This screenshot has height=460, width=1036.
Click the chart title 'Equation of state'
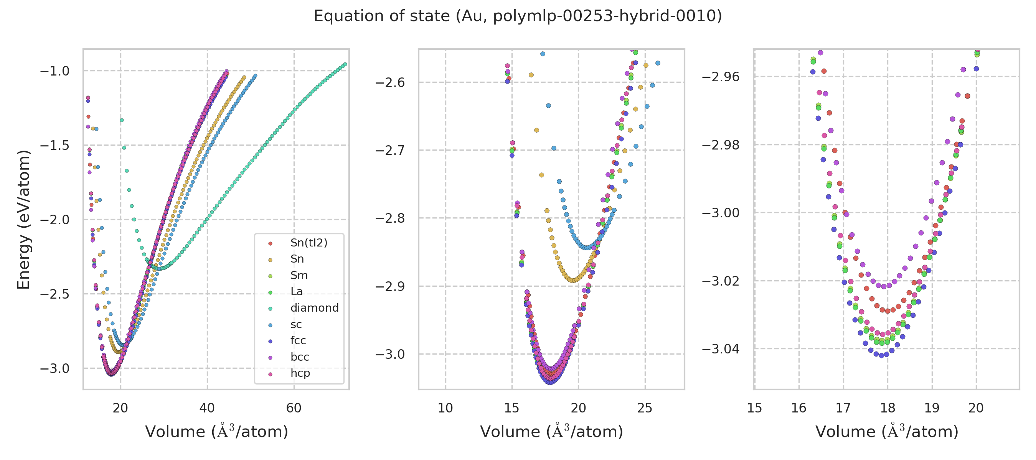pyautogui.click(x=518, y=16)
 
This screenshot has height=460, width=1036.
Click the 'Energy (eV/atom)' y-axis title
pyautogui.click(x=24, y=219)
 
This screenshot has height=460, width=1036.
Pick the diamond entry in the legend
pyautogui.click(x=314, y=308)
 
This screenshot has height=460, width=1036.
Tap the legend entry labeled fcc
pyautogui.click(x=298, y=341)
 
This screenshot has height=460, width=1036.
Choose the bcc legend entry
pyautogui.click(x=300, y=357)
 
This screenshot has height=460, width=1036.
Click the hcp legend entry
pyautogui.click(x=300, y=373)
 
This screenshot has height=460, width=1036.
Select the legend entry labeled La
pyautogui.click(x=296, y=292)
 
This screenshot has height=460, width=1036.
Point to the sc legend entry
pyautogui.click(x=296, y=325)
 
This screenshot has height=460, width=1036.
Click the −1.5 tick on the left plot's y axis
pyautogui.click(x=55, y=145)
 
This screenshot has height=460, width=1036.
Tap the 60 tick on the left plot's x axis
pyautogui.click(x=294, y=408)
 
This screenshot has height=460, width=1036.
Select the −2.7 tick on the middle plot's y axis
pyautogui.click(x=390, y=151)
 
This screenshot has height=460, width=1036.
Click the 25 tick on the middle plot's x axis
pyautogui.click(x=645, y=408)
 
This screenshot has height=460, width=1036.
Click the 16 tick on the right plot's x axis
pyautogui.click(x=799, y=408)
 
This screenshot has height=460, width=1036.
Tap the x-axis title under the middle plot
pyautogui.click(x=551, y=432)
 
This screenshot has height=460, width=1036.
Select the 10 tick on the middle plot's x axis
pyautogui.click(x=445, y=408)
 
